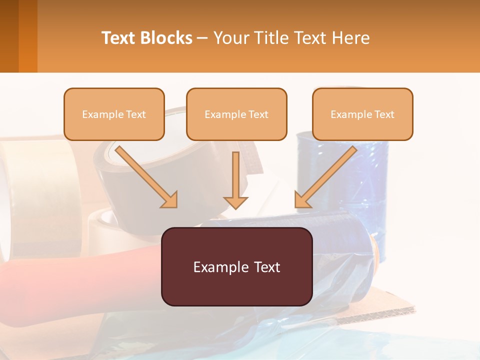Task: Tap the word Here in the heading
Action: coord(349,38)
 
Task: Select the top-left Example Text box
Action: coord(114,114)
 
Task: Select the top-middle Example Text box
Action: coord(236,114)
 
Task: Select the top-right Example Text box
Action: coord(362,114)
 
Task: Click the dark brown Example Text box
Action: coord(236,266)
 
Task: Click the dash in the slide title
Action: coord(202,38)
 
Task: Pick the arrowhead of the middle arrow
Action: coord(235,201)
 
